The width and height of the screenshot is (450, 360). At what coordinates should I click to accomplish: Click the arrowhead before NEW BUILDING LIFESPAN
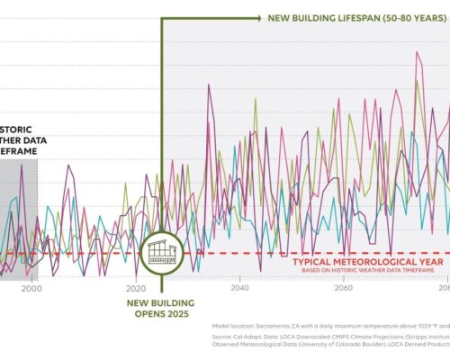click(x=257, y=17)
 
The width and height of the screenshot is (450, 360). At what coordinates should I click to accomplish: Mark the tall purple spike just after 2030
click(x=209, y=85)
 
